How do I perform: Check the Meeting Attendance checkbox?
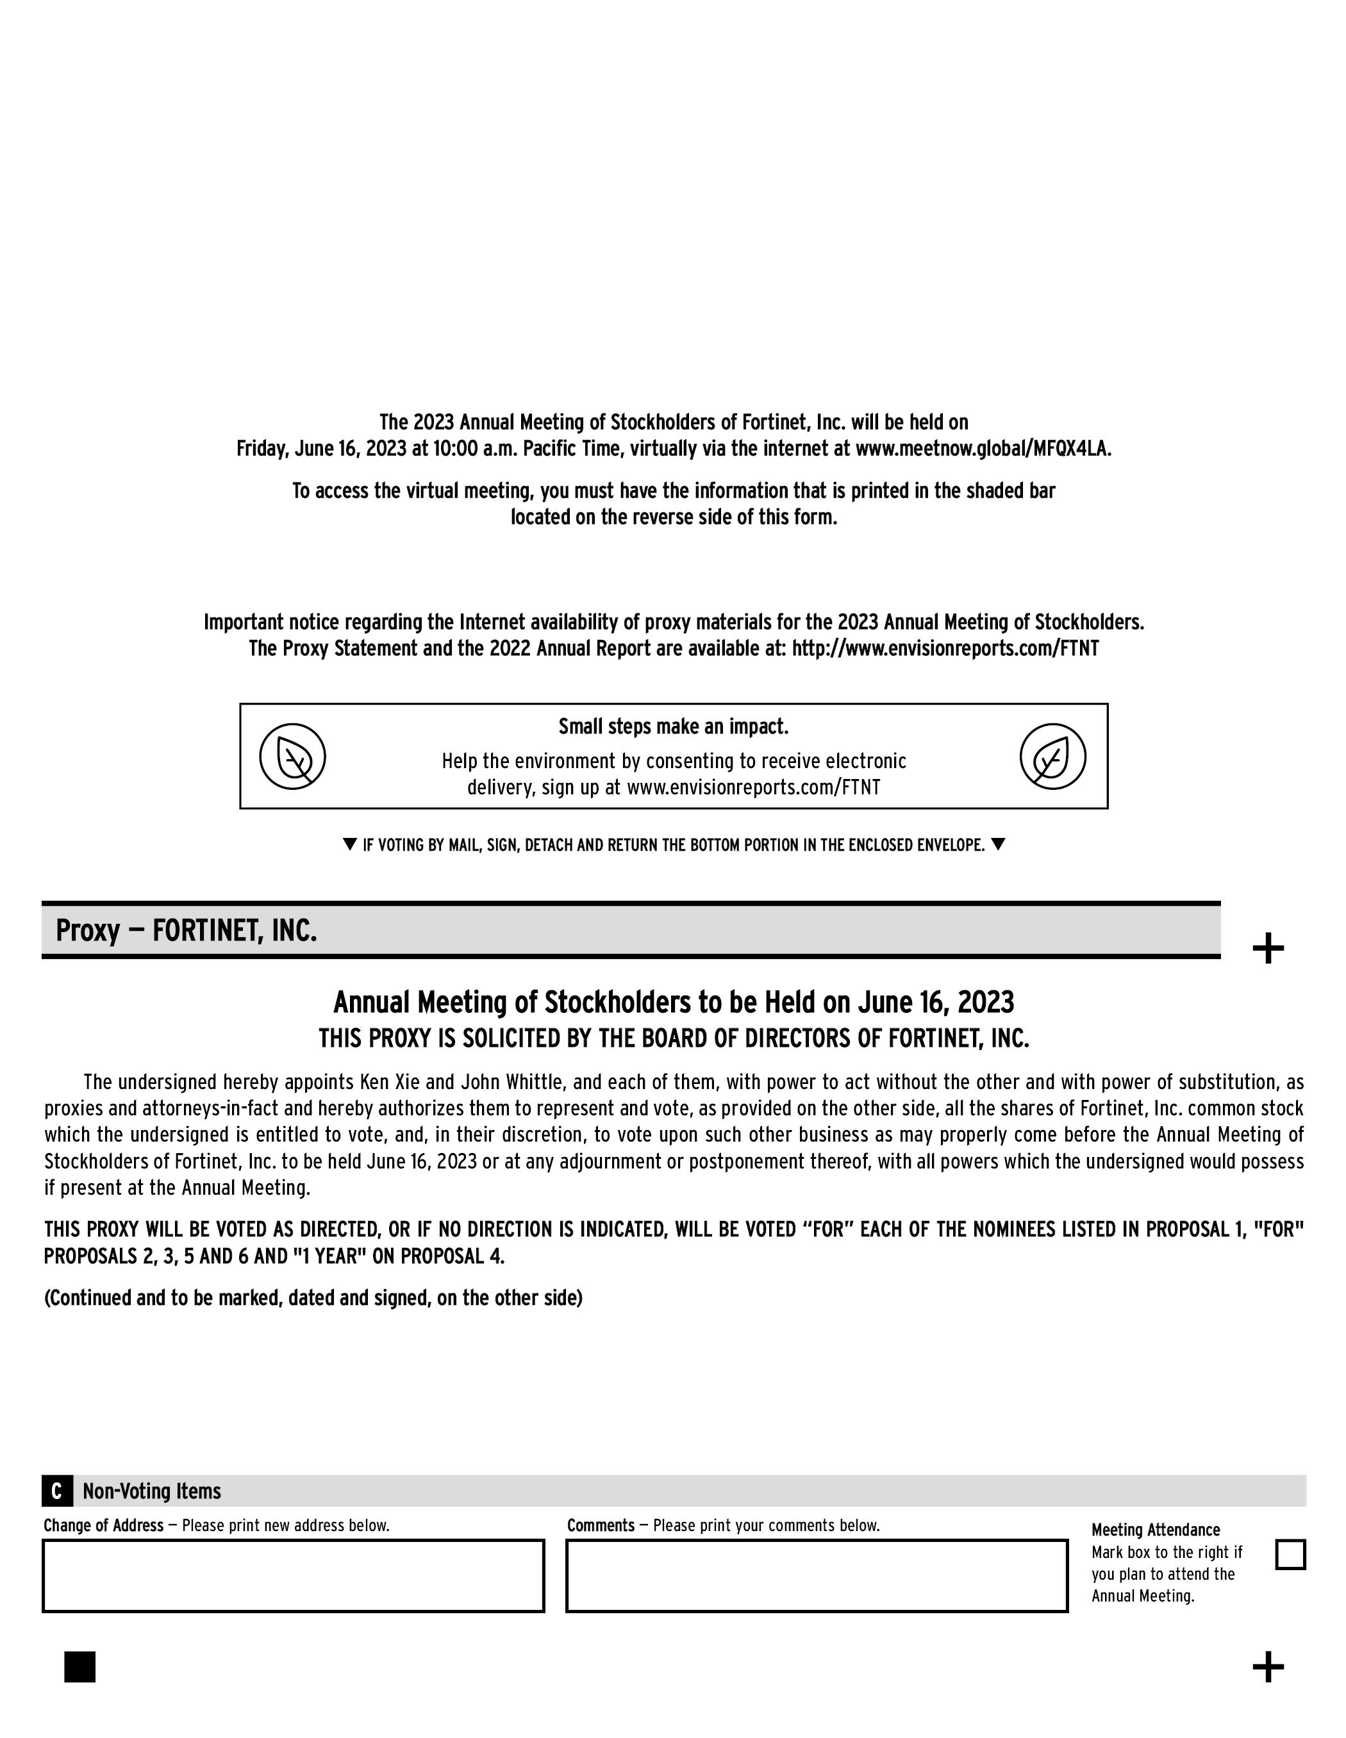pos(1290,1554)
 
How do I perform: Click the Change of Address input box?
pos(293,1576)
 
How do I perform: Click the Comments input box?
pos(817,1576)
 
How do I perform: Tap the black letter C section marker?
pos(56,1491)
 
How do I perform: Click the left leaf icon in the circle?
pos(293,756)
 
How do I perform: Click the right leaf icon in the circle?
pos(1052,756)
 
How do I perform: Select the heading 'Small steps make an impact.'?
pos(674,726)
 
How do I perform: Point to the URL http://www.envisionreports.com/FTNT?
pos(945,648)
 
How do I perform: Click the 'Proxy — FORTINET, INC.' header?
pos(187,930)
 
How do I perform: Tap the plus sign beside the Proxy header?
pos(1268,949)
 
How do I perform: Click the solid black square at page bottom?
pos(79,1666)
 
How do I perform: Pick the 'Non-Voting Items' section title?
pos(152,1491)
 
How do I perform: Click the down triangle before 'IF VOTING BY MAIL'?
pos(349,844)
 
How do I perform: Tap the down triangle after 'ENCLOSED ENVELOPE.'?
pos(998,844)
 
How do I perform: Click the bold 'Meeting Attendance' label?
pos(1155,1530)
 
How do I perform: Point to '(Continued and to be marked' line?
pos(313,1298)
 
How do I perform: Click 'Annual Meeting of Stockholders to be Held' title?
pos(674,1002)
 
